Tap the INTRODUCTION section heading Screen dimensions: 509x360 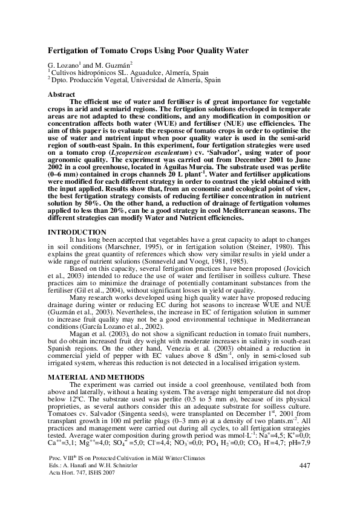click(73, 232)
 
